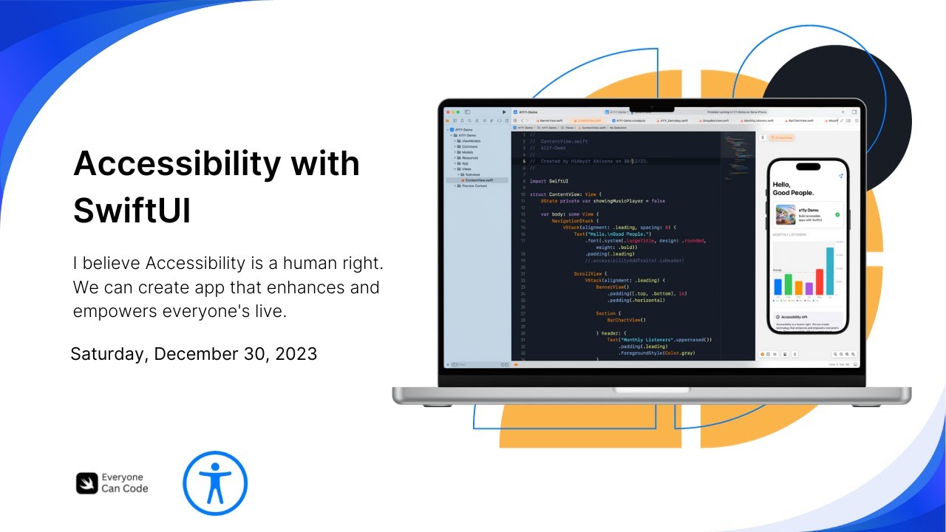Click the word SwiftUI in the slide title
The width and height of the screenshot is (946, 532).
(x=132, y=210)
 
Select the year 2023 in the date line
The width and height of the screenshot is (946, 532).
(x=296, y=354)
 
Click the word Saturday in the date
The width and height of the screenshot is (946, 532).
(x=109, y=354)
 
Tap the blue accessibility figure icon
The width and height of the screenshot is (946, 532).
(x=215, y=483)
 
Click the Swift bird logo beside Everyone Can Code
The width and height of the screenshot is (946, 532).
(x=86, y=483)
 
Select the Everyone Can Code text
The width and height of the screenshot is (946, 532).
(x=124, y=483)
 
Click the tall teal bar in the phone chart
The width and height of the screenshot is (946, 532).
(x=830, y=270)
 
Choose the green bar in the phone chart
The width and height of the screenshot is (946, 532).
(x=789, y=284)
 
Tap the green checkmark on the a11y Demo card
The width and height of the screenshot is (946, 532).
(x=837, y=214)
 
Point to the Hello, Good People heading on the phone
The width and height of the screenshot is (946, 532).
(x=793, y=188)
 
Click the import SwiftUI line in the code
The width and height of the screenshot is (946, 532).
(x=550, y=181)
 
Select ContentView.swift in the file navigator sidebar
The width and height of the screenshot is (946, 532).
(x=479, y=180)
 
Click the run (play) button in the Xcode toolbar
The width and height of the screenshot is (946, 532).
(x=505, y=112)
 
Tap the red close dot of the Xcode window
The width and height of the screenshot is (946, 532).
(x=447, y=112)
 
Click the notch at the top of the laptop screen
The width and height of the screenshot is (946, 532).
(x=651, y=105)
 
